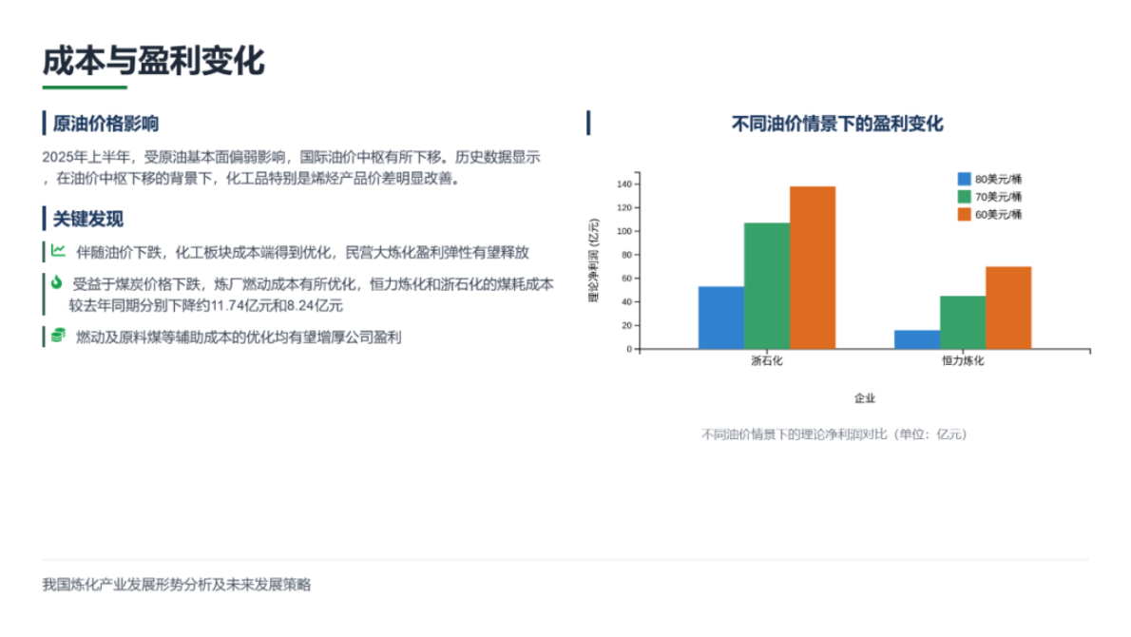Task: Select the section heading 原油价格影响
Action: [x=105, y=124]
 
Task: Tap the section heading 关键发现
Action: [x=88, y=219]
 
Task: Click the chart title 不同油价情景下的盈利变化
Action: [x=837, y=124]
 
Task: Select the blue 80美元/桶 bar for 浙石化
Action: [x=721, y=318]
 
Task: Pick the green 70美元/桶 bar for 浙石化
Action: [x=767, y=285]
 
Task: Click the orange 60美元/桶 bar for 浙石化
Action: [x=813, y=267]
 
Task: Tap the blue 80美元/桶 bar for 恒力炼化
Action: [x=917, y=339]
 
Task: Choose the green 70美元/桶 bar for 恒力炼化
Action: [x=963, y=322]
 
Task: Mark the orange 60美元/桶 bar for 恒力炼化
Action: [x=1008, y=307]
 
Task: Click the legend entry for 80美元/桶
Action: [x=989, y=179]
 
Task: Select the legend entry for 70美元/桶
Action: [x=989, y=197]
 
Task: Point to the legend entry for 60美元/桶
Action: [x=989, y=215]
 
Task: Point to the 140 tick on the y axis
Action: [x=623, y=183]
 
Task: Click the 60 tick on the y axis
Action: [x=626, y=279]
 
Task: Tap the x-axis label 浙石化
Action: [x=767, y=361]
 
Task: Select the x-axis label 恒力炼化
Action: [x=963, y=361]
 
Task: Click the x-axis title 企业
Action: [x=865, y=398]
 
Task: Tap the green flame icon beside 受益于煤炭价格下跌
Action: [x=57, y=282]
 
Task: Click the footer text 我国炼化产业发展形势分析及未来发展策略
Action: [x=177, y=585]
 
